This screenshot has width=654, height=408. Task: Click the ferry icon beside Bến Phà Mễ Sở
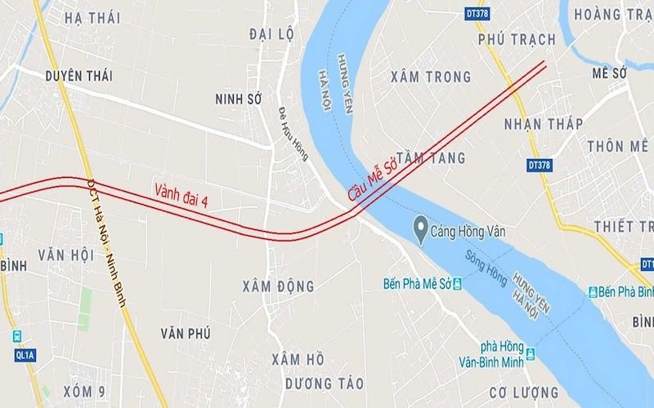(457, 284)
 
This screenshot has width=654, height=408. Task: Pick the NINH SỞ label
(237, 99)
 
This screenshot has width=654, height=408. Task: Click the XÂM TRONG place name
(432, 77)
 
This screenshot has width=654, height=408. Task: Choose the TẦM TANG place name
(433, 157)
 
